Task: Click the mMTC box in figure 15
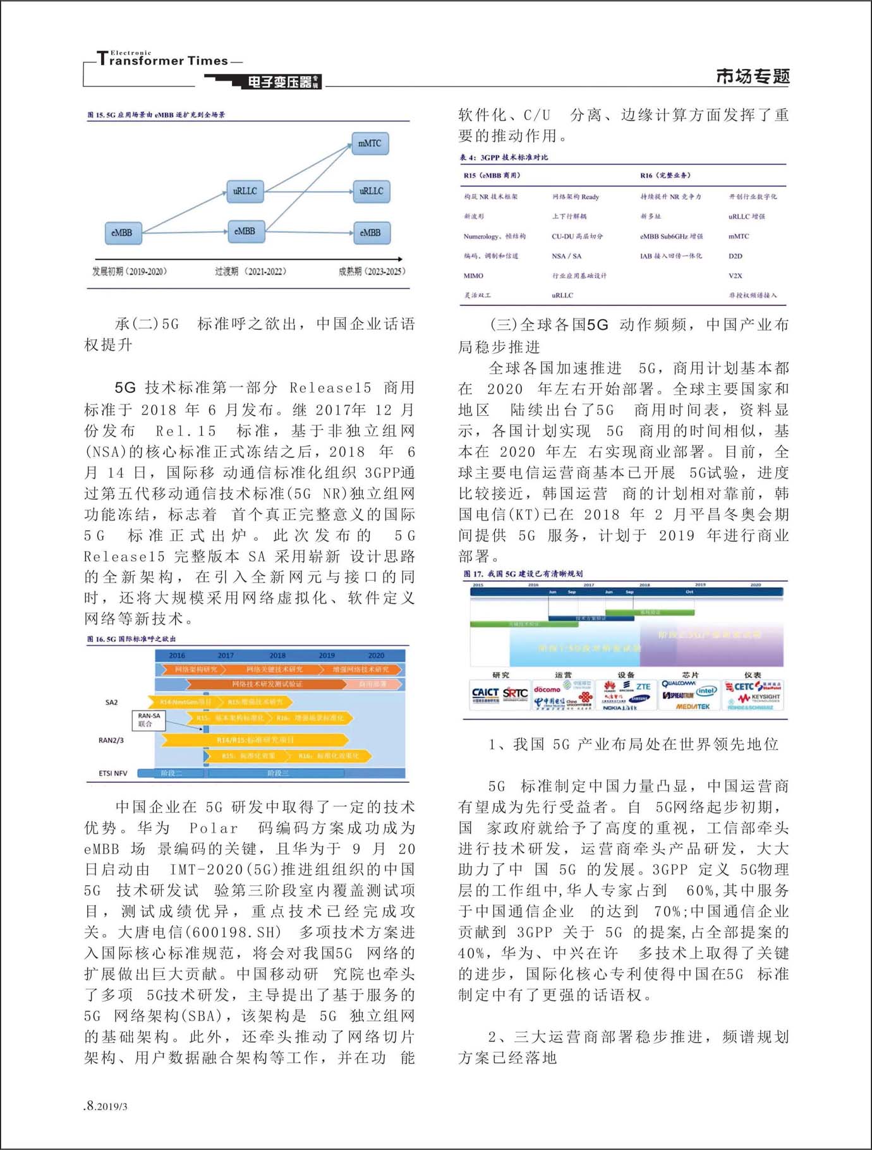click(x=370, y=143)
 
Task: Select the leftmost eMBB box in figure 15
click(x=122, y=233)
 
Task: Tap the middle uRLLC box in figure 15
click(x=245, y=191)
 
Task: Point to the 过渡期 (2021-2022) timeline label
click(x=250, y=271)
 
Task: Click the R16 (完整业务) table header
click(x=665, y=175)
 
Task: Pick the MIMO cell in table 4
click(x=473, y=275)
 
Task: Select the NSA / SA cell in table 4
click(x=566, y=256)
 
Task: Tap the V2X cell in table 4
click(x=735, y=275)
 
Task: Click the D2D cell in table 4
click(x=735, y=256)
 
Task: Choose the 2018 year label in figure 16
click(x=277, y=655)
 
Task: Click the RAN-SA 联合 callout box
click(x=149, y=720)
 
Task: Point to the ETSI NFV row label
click(x=112, y=773)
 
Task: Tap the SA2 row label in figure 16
click(x=111, y=702)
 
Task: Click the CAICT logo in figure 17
click(x=485, y=694)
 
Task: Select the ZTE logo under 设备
click(x=643, y=686)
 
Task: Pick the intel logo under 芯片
click(x=707, y=691)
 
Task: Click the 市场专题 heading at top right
click(x=753, y=76)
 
